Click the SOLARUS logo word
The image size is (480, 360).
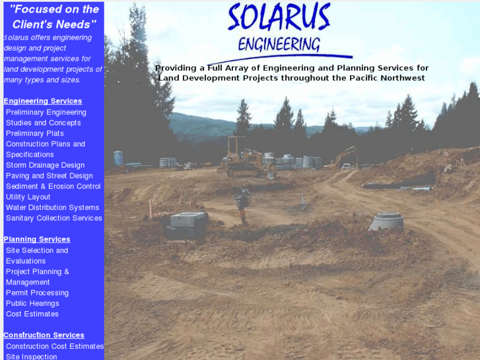coord(279,18)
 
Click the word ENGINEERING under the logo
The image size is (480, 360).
coord(279,44)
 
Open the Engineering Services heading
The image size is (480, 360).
coord(43,101)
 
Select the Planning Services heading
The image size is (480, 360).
coord(37,239)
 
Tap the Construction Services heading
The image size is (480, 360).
coord(44,335)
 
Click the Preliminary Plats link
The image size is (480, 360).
coord(35,133)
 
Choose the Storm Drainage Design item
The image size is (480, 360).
coord(45,165)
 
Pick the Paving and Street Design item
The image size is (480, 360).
coord(50,176)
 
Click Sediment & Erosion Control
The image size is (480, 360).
coord(53,186)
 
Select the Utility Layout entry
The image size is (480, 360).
coord(28,197)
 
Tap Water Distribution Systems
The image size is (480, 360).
coord(53,207)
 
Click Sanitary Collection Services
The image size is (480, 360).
coord(54,218)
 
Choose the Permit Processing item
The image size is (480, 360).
coord(37,293)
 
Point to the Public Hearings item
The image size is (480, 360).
coord(32,303)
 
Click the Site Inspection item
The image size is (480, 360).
coord(32,357)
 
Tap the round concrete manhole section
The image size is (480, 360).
coord(386,221)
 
